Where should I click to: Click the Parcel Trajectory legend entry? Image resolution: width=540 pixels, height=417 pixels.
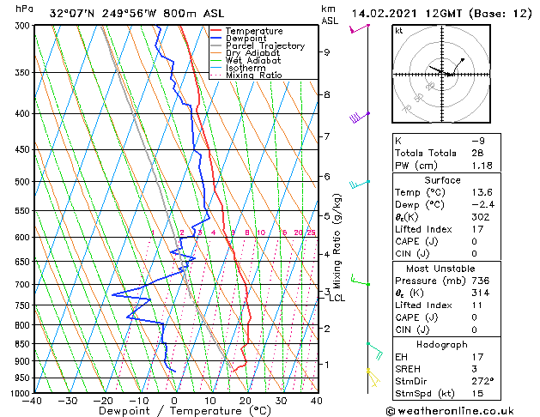click(264, 45)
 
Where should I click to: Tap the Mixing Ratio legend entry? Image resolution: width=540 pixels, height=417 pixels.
click(254, 76)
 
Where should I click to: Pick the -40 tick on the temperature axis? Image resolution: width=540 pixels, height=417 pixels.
click(33, 401)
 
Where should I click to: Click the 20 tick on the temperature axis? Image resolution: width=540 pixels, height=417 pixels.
click(245, 401)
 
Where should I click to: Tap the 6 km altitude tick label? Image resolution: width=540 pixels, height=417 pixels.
click(326, 177)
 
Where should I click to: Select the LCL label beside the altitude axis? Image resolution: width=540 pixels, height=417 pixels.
click(337, 298)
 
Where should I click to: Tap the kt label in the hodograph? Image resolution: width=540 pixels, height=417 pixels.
click(398, 30)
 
